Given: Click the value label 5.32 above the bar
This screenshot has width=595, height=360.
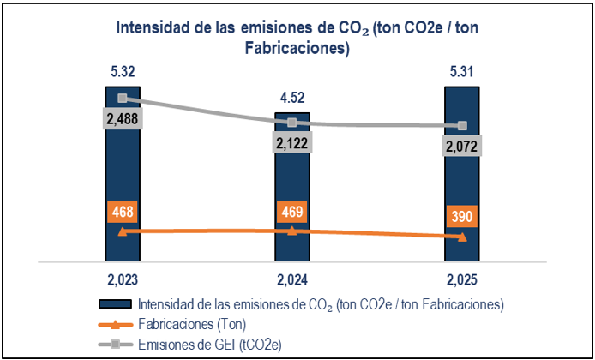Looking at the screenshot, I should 123,71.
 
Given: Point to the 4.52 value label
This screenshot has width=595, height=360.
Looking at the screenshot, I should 292,98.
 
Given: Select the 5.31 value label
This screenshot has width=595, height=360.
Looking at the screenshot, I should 462,71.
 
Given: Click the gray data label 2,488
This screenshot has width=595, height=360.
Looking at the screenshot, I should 123,119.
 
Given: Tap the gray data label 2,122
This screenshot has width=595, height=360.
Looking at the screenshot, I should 292,141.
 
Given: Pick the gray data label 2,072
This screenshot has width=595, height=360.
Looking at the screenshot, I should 462,147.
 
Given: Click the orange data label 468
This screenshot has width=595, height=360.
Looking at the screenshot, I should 123,211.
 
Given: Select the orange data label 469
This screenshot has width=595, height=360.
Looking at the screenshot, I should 292,211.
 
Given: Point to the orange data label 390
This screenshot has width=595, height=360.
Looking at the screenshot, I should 462,216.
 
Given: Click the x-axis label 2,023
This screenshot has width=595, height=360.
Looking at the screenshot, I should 123,279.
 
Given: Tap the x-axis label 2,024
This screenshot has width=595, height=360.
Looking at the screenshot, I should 292,279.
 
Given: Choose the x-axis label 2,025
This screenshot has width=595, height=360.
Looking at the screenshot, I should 462,279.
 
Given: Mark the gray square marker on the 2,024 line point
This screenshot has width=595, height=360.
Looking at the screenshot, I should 292,123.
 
